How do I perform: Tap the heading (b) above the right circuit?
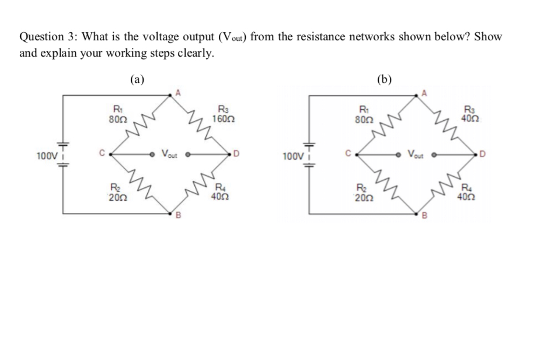click(384, 79)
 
